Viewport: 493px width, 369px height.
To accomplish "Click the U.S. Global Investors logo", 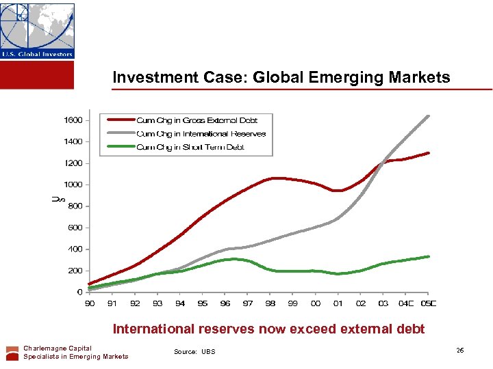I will click(37, 31).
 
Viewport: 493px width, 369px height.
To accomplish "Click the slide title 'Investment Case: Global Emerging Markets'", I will click(281, 78).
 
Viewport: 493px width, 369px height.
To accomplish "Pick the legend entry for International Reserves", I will click(201, 134).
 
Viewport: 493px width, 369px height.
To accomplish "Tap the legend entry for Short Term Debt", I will click(190, 147).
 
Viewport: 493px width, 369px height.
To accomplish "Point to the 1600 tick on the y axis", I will click(73, 120).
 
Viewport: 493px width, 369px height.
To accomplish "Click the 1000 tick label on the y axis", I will click(73, 184).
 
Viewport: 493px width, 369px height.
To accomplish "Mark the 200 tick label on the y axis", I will click(75, 271).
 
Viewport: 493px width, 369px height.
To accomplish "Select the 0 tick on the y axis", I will click(79, 292).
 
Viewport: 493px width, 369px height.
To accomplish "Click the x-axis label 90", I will click(90, 303).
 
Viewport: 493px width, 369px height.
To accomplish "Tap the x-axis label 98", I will click(270, 303).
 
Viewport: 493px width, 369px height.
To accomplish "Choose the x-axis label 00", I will click(316, 303).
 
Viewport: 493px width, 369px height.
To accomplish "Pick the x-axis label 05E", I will click(429, 303).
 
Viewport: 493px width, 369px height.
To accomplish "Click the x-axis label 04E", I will click(407, 303).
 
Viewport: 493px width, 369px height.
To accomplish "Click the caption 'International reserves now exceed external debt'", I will click(268, 329).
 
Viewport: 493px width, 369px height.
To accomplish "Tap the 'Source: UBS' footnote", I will click(194, 352).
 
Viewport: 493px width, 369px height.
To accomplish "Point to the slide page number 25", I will click(459, 351).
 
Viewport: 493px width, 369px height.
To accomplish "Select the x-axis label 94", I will click(180, 303).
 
